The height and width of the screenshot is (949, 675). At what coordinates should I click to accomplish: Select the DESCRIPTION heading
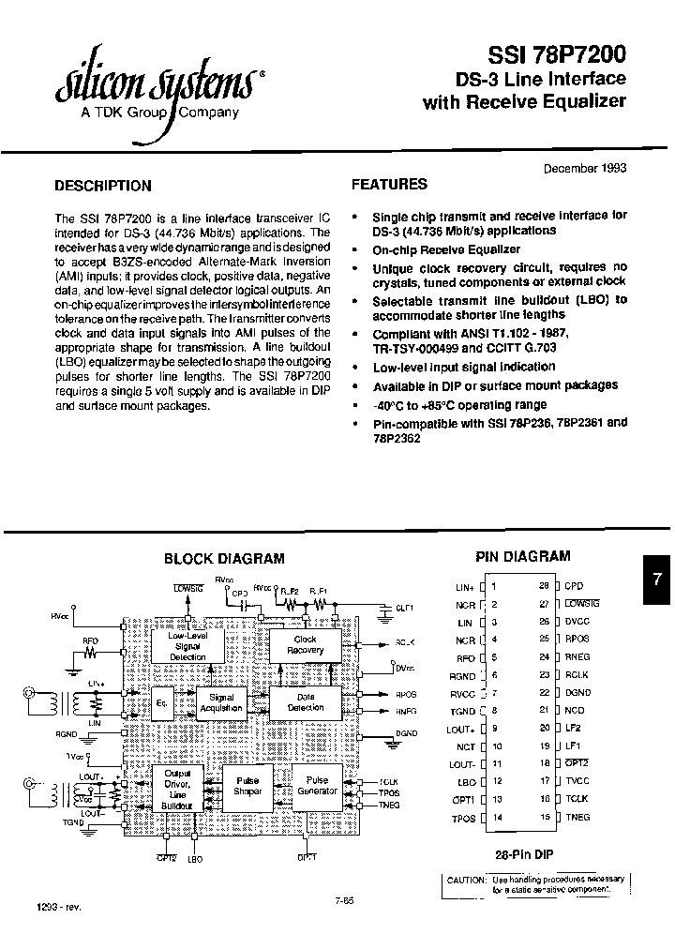[103, 186]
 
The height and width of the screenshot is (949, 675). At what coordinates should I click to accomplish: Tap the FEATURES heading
[389, 185]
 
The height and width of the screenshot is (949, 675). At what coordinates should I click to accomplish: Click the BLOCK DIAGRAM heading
[224, 559]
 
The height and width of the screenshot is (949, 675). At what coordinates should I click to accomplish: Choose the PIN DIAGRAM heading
[523, 557]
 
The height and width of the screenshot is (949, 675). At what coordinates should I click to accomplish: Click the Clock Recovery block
[305, 644]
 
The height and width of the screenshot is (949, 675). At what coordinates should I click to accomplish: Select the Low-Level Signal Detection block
[187, 645]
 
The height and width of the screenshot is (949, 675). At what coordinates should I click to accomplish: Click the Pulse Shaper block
[247, 786]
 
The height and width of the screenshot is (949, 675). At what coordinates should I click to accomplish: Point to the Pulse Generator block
[317, 785]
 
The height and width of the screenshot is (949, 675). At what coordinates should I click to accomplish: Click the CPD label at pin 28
[574, 586]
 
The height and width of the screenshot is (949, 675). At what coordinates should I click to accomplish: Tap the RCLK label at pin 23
[576, 674]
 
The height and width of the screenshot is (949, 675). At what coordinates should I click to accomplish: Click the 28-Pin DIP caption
[522, 855]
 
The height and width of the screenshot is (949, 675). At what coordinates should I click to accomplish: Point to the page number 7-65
[343, 899]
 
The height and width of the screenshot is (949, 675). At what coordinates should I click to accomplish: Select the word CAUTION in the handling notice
[464, 879]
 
